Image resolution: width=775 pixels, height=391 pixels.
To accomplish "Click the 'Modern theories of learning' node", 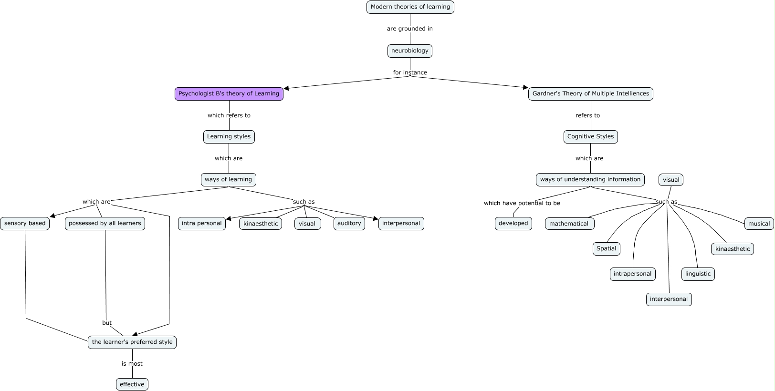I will click(410, 7).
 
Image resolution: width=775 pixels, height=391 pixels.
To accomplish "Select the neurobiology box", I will click(409, 51).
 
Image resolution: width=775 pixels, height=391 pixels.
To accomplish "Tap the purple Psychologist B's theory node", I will click(229, 94).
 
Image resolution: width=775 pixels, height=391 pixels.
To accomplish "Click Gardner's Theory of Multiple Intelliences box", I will click(590, 94).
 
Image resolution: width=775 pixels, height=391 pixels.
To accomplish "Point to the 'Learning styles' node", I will click(229, 137).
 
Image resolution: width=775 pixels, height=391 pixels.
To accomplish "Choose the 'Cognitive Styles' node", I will click(590, 137).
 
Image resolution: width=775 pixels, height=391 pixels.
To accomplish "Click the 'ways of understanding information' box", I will click(590, 180).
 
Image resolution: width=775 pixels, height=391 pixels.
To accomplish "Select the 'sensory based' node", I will click(25, 224).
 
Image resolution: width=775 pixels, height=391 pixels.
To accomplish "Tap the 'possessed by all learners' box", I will click(105, 224).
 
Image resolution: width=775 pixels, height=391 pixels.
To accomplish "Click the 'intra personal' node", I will click(201, 224).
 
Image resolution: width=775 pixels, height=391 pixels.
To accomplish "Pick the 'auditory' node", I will click(349, 224).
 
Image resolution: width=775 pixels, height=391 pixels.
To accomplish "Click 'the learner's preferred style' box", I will click(132, 342).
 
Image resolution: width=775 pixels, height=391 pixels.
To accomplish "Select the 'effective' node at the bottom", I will click(132, 385).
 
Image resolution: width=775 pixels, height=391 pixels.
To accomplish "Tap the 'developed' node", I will click(513, 224).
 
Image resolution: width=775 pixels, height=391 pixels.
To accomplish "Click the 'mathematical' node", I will click(569, 224).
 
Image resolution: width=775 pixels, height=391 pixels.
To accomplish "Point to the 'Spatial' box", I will click(606, 249).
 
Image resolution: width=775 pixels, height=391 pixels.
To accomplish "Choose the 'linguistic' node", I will click(698, 274).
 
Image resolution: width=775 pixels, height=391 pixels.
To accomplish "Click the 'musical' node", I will click(759, 224).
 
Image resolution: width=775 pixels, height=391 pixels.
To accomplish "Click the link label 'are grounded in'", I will click(409, 29).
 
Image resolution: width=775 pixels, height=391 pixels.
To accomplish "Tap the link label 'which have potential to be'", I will click(522, 204).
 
